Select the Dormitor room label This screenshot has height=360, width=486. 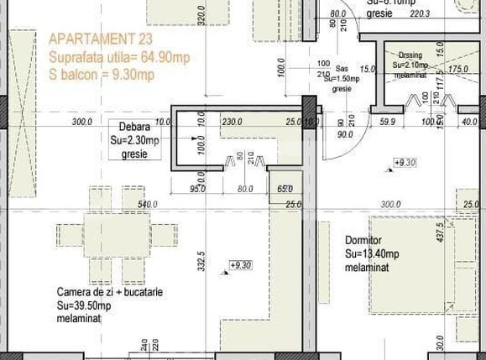(x=363, y=241)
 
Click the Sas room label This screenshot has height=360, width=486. (x=342, y=70)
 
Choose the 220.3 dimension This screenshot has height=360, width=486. (x=420, y=13)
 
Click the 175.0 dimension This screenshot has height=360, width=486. (x=457, y=69)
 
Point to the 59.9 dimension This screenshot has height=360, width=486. (x=387, y=123)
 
